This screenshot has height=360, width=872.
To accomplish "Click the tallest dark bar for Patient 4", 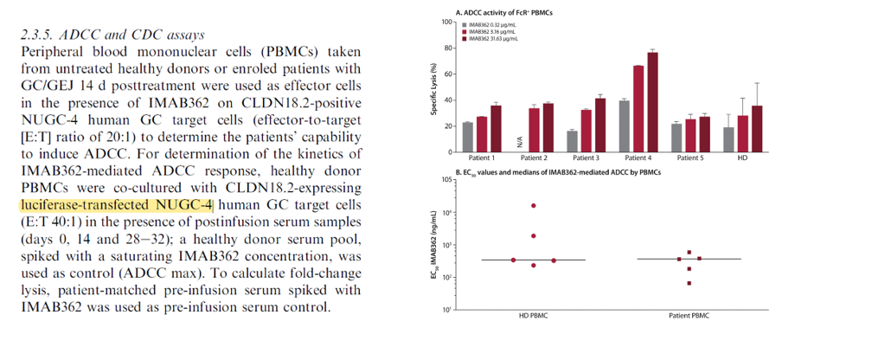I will pos(652,102).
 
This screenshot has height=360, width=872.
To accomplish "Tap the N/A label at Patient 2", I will pos(520,143).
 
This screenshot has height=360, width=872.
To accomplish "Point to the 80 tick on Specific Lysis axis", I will pos(447,48).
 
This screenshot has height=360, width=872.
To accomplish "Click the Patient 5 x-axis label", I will pos(690,158).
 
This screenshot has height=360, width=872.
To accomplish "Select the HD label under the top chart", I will pos(742,158).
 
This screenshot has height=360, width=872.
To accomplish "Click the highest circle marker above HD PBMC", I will pos(534,205).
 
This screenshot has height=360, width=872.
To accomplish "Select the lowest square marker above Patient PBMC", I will pos(689,283).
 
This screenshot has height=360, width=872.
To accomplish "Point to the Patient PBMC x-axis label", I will pos(689,316).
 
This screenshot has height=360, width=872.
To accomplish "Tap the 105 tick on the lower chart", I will pos(446,180).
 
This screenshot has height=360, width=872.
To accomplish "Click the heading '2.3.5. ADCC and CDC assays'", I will pos(112,35).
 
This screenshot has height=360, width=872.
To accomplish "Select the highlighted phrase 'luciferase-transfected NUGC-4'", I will pos(116,205).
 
